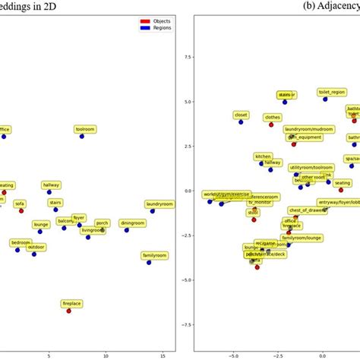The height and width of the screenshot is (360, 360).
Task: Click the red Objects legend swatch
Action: tap(144, 21)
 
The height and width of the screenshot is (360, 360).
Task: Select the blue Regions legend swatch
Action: tap(144, 27)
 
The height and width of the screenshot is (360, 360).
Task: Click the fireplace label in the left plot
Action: tap(72, 303)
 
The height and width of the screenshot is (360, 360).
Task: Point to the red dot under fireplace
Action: tap(69, 311)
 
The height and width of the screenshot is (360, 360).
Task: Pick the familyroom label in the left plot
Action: tap(154, 255)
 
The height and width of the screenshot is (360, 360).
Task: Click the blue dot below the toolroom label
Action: tap(82, 137)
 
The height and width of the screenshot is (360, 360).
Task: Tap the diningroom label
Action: tap(132, 223)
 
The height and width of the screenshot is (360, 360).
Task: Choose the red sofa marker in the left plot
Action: tap(21, 210)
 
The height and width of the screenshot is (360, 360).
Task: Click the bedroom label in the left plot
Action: tap(21, 243)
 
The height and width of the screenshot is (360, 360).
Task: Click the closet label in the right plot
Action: tap(242, 115)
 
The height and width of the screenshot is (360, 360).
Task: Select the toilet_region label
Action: tap(333, 92)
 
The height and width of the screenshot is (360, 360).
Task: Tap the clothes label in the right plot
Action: tap(273, 118)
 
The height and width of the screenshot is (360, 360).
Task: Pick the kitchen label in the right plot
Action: tap(263, 156)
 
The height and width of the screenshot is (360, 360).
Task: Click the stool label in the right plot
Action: tap(253, 213)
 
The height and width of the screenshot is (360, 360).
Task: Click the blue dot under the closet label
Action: tap(241, 122)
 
